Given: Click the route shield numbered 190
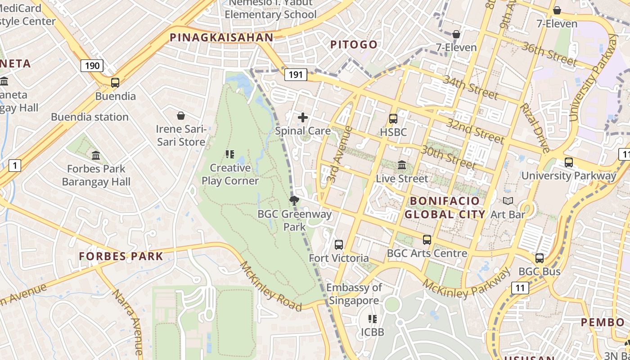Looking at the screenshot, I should coord(92,66).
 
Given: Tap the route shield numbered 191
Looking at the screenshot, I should coord(295,75).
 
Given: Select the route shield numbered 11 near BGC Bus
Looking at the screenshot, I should coord(520,288).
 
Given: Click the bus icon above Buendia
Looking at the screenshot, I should coord(115,83).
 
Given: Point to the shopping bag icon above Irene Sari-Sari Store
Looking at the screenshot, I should coord(181,116).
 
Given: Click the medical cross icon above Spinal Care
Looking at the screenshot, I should coord(303,118).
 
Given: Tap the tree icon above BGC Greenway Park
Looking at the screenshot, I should coord(294,201).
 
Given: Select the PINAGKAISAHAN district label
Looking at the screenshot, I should coord(221,38).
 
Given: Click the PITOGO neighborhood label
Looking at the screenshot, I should coord(354,45).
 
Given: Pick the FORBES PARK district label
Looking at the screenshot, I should coord(121,256).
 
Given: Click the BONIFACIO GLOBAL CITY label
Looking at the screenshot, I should coord(445,207).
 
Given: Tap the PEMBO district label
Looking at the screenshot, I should coord(603,322).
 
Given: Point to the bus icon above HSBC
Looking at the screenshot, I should coord(393,119).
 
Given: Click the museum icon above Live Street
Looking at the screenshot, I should coord(402,165).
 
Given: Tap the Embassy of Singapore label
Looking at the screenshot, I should coord(354,294).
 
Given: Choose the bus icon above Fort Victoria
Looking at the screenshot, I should coord(339,245).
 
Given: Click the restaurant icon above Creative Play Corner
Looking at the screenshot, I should coord(230,155).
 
